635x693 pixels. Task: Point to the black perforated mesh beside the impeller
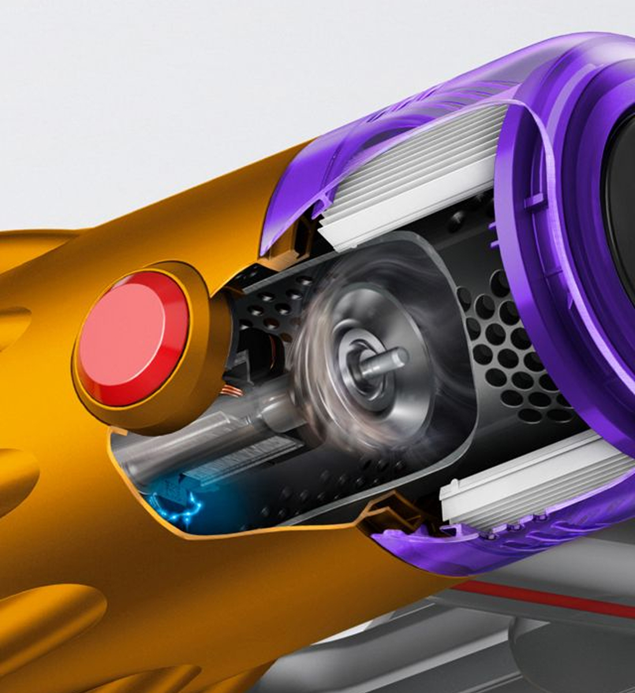(508, 358)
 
